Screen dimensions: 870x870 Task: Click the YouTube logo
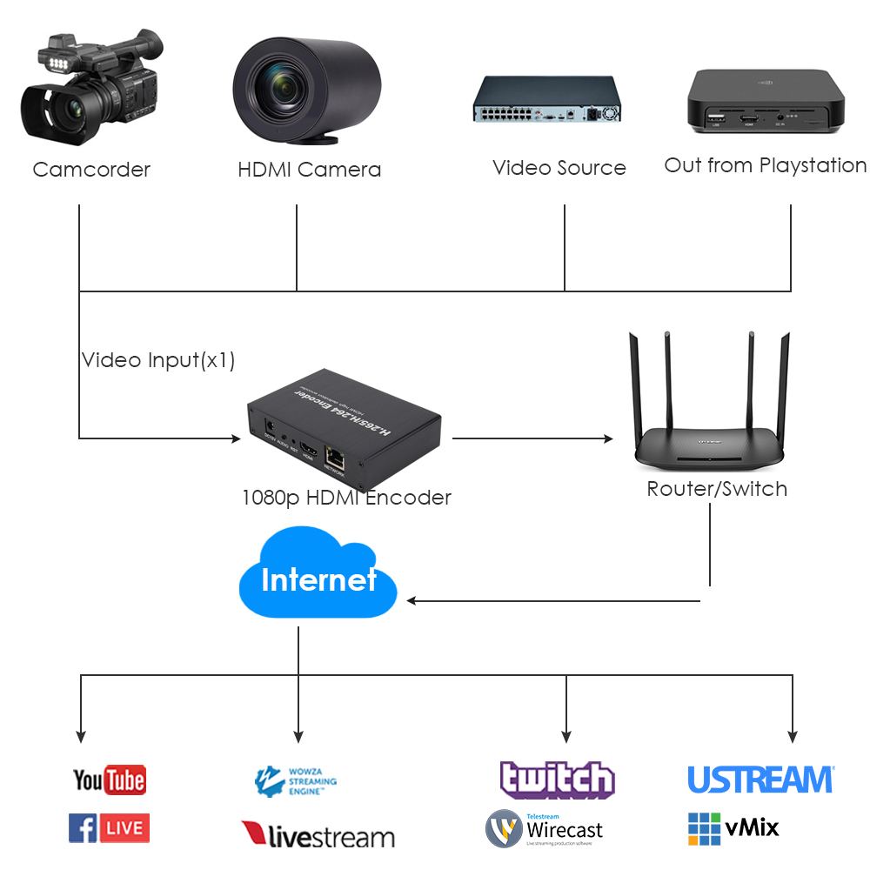(109, 780)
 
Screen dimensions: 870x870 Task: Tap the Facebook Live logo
(109, 827)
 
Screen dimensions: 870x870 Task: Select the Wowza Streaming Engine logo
(296, 781)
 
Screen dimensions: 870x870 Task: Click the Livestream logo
(318, 836)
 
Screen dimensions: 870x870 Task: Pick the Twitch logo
(557, 780)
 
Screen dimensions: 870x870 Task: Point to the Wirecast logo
(544, 829)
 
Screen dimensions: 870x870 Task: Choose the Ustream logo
(760, 780)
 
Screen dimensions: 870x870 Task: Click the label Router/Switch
(717, 489)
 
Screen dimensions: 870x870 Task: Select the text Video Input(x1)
(158, 360)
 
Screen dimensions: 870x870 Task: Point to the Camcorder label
(91, 170)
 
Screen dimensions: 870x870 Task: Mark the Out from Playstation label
(766, 165)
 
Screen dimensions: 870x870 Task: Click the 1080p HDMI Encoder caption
(346, 498)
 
